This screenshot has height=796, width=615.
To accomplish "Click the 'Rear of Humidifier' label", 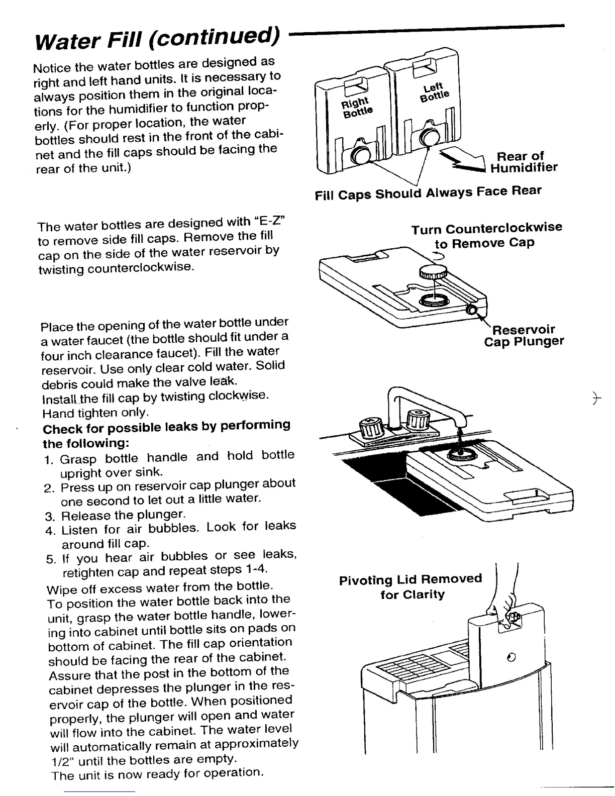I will (523, 162).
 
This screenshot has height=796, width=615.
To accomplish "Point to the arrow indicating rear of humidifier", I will (462, 160).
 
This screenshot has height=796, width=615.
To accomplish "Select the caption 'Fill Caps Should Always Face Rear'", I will (428, 192).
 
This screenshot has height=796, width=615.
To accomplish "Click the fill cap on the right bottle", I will (361, 156).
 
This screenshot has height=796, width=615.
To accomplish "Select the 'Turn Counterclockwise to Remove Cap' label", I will (486, 235).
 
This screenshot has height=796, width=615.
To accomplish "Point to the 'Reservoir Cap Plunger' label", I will (523, 336).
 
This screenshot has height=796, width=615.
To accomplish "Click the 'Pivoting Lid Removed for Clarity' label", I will (411, 586).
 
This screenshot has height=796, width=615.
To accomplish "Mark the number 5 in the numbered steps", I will (52, 559).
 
